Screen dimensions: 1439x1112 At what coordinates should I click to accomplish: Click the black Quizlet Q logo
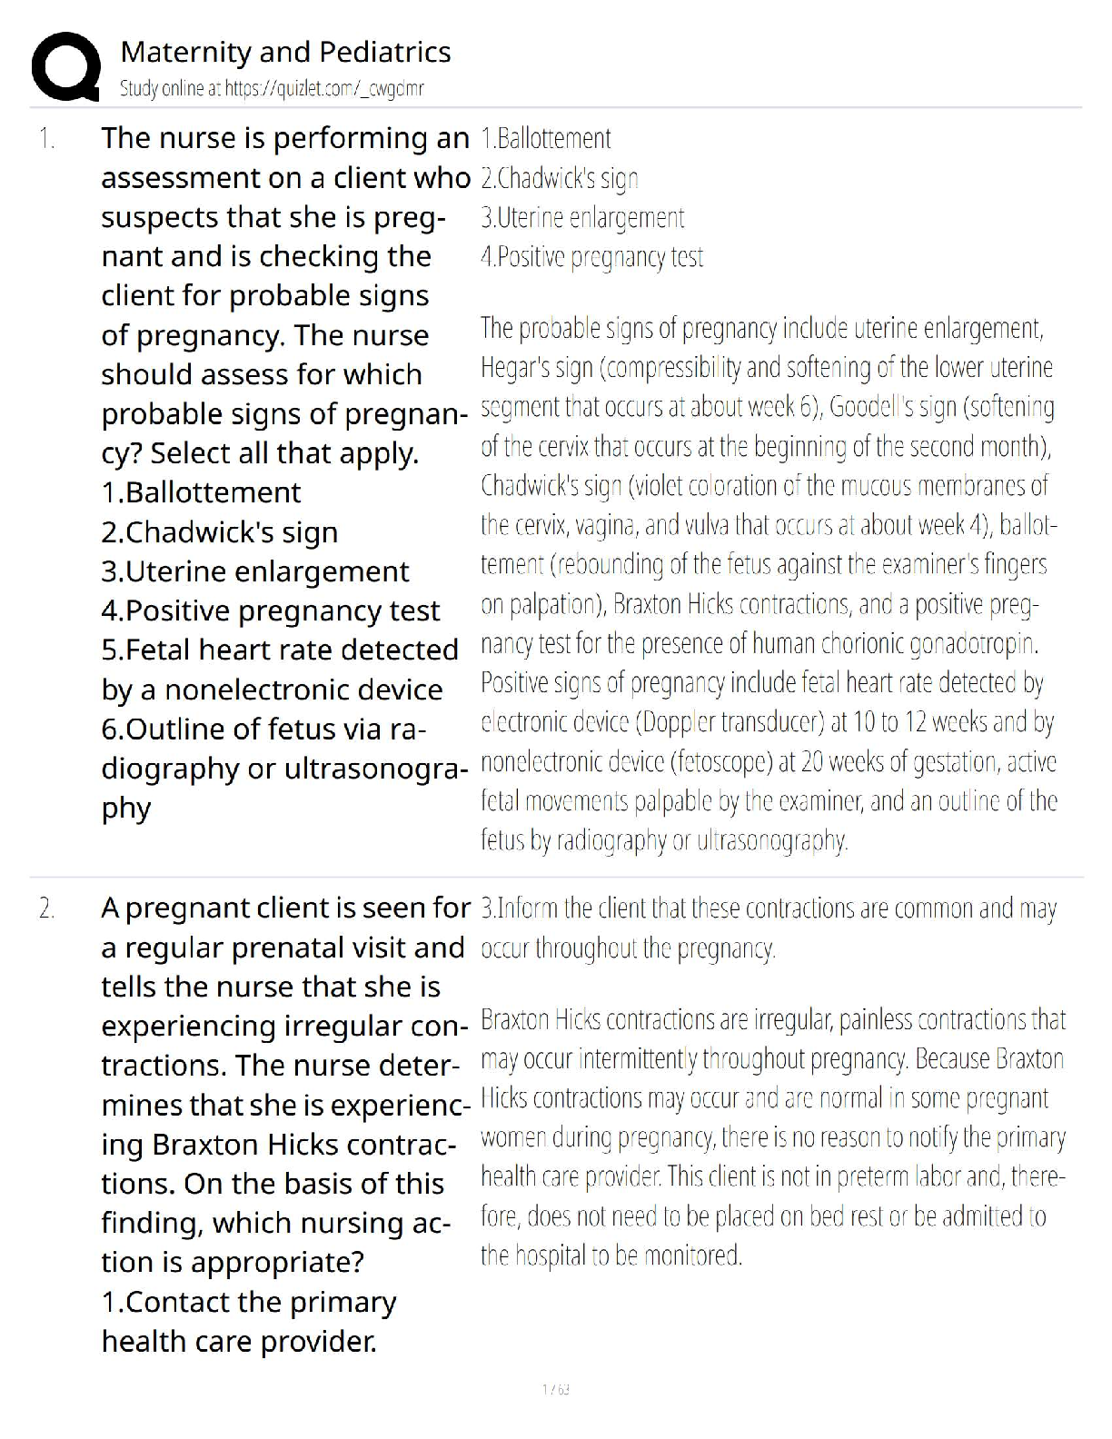click(65, 66)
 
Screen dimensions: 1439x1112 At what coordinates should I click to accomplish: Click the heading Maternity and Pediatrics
click(285, 52)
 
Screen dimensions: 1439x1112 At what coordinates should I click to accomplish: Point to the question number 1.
click(46, 139)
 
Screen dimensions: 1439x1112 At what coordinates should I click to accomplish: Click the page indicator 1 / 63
click(555, 1389)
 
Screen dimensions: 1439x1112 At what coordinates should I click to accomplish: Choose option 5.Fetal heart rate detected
click(280, 650)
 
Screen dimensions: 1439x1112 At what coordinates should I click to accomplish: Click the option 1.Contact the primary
click(248, 1303)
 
